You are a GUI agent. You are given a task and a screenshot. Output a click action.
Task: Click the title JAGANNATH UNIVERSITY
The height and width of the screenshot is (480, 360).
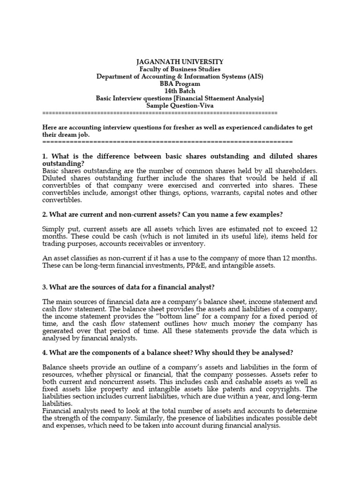[180, 62]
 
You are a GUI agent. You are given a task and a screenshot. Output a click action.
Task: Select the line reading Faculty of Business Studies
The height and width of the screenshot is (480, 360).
[180, 69]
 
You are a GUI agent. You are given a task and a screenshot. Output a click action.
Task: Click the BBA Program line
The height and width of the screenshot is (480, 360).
[180, 84]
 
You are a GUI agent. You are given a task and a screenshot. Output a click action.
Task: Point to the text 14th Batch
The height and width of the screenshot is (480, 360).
[180, 91]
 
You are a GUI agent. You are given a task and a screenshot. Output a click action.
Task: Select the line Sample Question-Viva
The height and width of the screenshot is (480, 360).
[180, 105]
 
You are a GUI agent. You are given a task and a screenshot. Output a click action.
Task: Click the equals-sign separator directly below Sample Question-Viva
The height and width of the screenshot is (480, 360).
[160, 113]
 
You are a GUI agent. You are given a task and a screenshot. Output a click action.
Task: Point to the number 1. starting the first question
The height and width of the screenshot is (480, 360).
[45, 156]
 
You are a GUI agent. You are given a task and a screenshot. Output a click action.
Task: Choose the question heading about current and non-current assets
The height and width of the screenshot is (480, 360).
[163, 214]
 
